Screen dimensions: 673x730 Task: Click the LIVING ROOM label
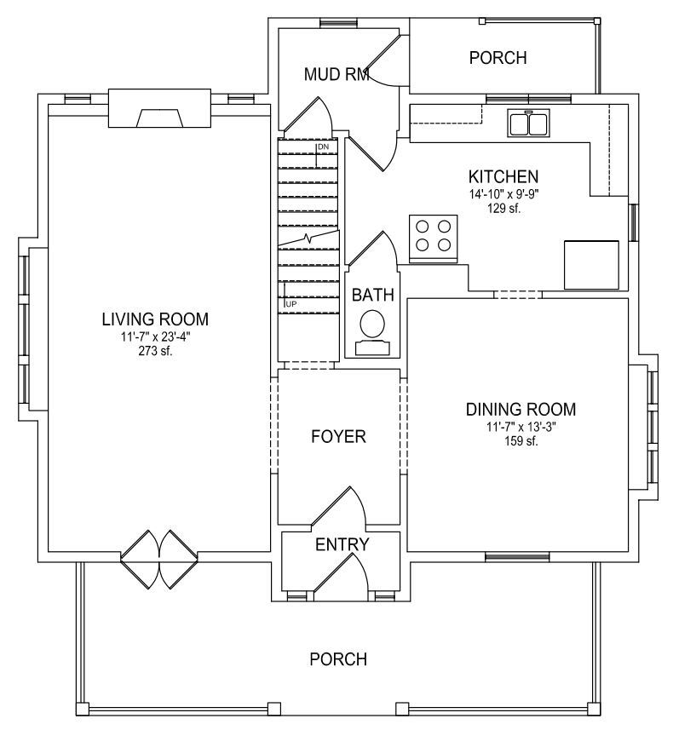point(155,319)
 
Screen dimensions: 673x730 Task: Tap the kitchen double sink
point(528,123)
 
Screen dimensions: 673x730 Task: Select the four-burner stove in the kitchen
point(433,239)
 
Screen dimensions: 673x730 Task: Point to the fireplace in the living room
point(159,107)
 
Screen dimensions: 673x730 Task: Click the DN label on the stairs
point(323,147)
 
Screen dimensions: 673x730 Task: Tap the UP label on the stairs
point(291,304)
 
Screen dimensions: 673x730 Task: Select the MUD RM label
point(336,74)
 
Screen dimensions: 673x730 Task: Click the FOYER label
point(338,437)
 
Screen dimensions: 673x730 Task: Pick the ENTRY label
point(342,544)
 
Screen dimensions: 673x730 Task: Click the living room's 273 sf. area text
point(155,351)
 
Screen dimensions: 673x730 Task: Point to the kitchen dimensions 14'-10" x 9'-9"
point(503,194)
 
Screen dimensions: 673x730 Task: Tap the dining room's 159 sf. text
point(521,441)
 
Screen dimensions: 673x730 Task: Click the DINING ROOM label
point(521,410)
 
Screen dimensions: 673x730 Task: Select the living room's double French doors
point(159,560)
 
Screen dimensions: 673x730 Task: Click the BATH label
point(372,296)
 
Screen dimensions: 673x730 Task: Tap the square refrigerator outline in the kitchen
point(591,265)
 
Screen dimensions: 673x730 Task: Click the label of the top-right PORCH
point(498,58)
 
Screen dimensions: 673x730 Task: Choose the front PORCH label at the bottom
point(338,659)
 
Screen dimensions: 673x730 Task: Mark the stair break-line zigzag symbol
point(308,239)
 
